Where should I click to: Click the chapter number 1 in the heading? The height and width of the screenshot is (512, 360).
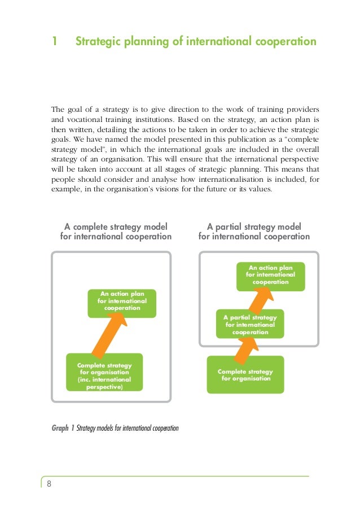coord(55,42)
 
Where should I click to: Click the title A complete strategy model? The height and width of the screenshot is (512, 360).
coord(116,226)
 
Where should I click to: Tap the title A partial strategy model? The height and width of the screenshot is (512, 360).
coord(254,226)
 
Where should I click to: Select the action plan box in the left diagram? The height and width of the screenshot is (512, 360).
coord(122,301)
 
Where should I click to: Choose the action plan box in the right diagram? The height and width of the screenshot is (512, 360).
coord(270,275)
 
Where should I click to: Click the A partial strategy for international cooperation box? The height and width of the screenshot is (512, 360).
coord(250,325)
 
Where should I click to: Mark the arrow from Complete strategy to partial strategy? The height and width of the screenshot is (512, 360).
coord(242,350)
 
